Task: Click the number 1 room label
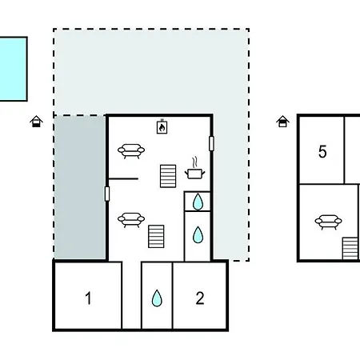(x=88, y=298)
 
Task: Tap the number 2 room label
(x=200, y=298)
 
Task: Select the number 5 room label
(x=322, y=151)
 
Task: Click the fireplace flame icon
(x=162, y=127)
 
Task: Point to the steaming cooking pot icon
(x=195, y=169)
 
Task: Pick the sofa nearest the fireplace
(x=131, y=151)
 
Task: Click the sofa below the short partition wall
(x=131, y=220)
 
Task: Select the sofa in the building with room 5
(x=328, y=222)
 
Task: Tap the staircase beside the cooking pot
(x=168, y=176)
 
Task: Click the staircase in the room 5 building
(x=350, y=248)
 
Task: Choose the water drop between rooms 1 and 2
(x=157, y=298)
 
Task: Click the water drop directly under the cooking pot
(x=198, y=202)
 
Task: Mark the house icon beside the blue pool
(x=36, y=122)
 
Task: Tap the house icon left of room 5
(x=282, y=122)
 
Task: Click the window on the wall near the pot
(x=211, y=143)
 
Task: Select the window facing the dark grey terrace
(x=107, y=194)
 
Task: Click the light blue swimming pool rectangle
(x=14, y=69)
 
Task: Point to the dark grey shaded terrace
(x=80, y=187)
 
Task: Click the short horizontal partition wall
(x=123, y=178)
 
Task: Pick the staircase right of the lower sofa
(x=156, y=236)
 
